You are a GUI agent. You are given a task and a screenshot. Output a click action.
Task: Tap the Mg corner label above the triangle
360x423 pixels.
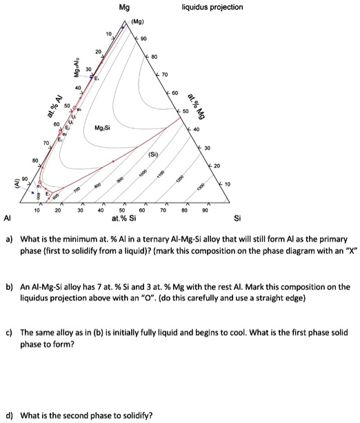point(124,8)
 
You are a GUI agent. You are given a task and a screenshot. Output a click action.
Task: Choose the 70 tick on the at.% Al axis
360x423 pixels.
point(46,142)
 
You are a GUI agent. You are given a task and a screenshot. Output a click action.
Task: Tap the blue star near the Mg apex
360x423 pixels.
point(123,27)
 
